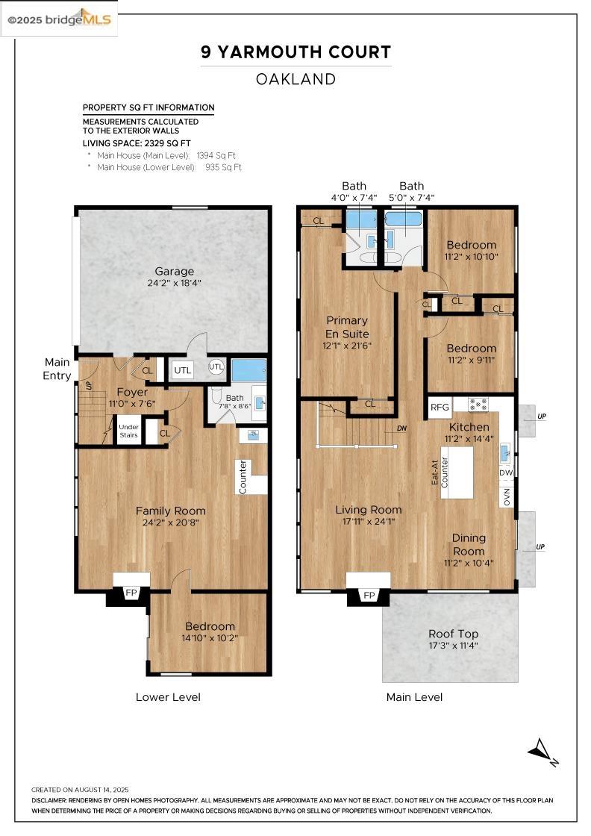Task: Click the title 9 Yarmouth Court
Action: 295,52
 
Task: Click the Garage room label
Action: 174,271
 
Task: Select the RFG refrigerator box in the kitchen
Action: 440,407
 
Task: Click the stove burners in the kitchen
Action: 478,405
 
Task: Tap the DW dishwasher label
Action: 507,472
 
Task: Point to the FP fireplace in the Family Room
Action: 131,593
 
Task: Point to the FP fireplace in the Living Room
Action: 369,595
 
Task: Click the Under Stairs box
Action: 129,431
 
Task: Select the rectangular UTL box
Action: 183,369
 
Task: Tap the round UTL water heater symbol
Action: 216,366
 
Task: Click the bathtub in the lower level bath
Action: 248,370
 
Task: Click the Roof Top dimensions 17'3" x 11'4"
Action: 453,646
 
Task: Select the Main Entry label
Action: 57,369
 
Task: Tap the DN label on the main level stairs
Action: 401,428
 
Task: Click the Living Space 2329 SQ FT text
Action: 137,143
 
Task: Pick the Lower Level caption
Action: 168,697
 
